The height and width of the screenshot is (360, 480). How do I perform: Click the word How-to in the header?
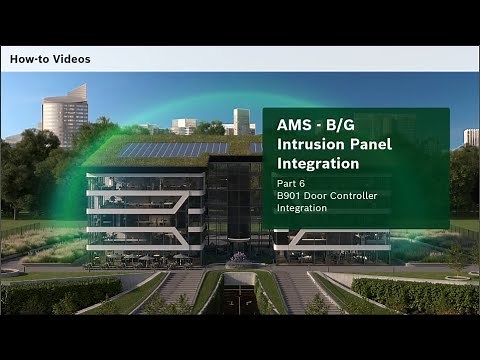pyautogui.click(x=30, y=59)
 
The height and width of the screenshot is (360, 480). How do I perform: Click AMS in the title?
pyautogui.click(x=292, y=127)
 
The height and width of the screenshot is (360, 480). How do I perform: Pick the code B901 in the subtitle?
pyautogui.click(x=290, y=196)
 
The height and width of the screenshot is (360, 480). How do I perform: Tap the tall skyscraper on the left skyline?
pyautogui.click(x=65, y=114)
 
